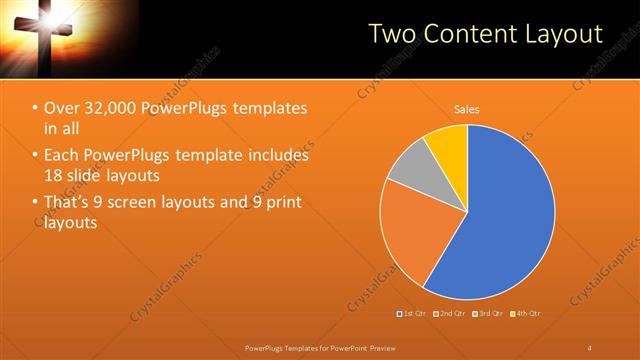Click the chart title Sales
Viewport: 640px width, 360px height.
click(x=467, y=108)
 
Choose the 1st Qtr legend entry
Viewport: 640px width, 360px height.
click(x=413, y=314)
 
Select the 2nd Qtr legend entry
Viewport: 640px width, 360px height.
click(x=450, y=314)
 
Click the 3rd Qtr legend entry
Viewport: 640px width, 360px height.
click(x=487, y=314)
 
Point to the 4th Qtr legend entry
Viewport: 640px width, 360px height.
click(x=525, y=314)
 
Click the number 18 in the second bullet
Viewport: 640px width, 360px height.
click(x=53, y=175)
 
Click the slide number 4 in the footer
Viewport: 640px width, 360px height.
click(x=590, y=347)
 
